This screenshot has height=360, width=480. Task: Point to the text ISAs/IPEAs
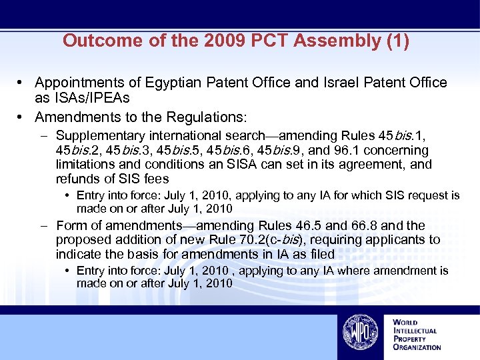pyautogui.click(x=83, y=97)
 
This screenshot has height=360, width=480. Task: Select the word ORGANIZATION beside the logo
pyautogui.click(x=417, y=347)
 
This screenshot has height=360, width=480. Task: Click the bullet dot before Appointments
pyautogui.click(x=22, y=83)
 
